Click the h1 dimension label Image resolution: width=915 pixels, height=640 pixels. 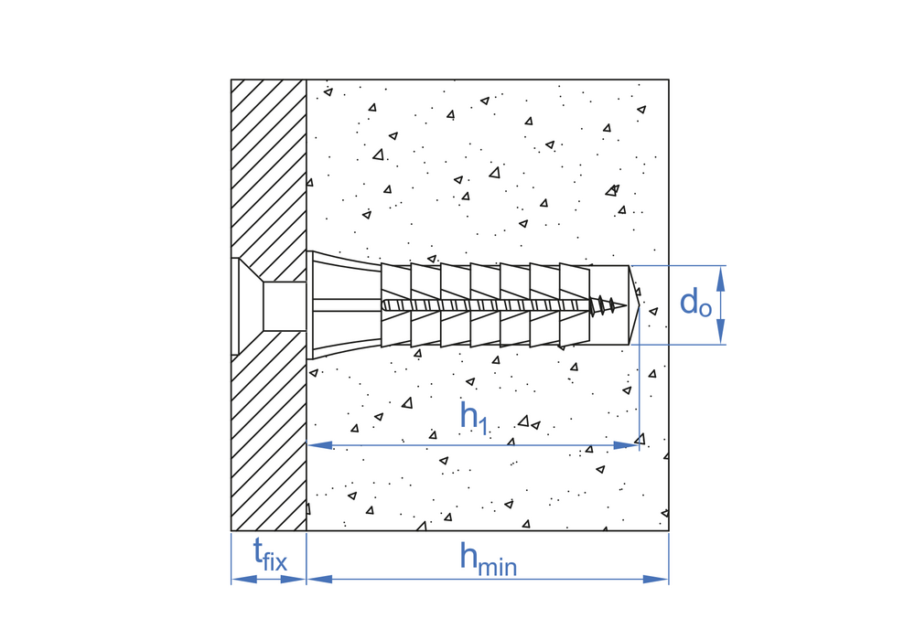[473, 417]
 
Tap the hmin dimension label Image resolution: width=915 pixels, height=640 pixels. [488, 559]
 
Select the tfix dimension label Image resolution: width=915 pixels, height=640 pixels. [270, 555]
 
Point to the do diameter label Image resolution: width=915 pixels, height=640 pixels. [695, 304]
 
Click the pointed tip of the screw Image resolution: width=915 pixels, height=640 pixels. [626, 304]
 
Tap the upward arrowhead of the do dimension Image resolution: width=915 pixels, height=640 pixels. [721, 278]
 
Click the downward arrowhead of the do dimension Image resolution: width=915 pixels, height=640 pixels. [721, 332]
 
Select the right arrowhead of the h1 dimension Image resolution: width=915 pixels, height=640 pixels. [627, 445]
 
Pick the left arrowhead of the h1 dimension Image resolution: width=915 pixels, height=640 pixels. [319, 445]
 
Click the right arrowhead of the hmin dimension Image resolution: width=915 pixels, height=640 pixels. [655, 579]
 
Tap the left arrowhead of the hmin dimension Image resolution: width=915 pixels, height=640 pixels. [319, 579]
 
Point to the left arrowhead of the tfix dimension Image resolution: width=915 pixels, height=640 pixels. [244, 579]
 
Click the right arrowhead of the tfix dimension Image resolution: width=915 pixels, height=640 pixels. [293, 579]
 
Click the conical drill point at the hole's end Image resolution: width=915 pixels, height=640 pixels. [634, 304]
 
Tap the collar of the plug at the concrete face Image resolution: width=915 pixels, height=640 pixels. [310, 304]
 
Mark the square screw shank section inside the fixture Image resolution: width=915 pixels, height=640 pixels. [285, 306]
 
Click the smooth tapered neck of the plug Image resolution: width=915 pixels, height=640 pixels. [347, 304]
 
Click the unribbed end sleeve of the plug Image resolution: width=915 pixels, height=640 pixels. [609, 304]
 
